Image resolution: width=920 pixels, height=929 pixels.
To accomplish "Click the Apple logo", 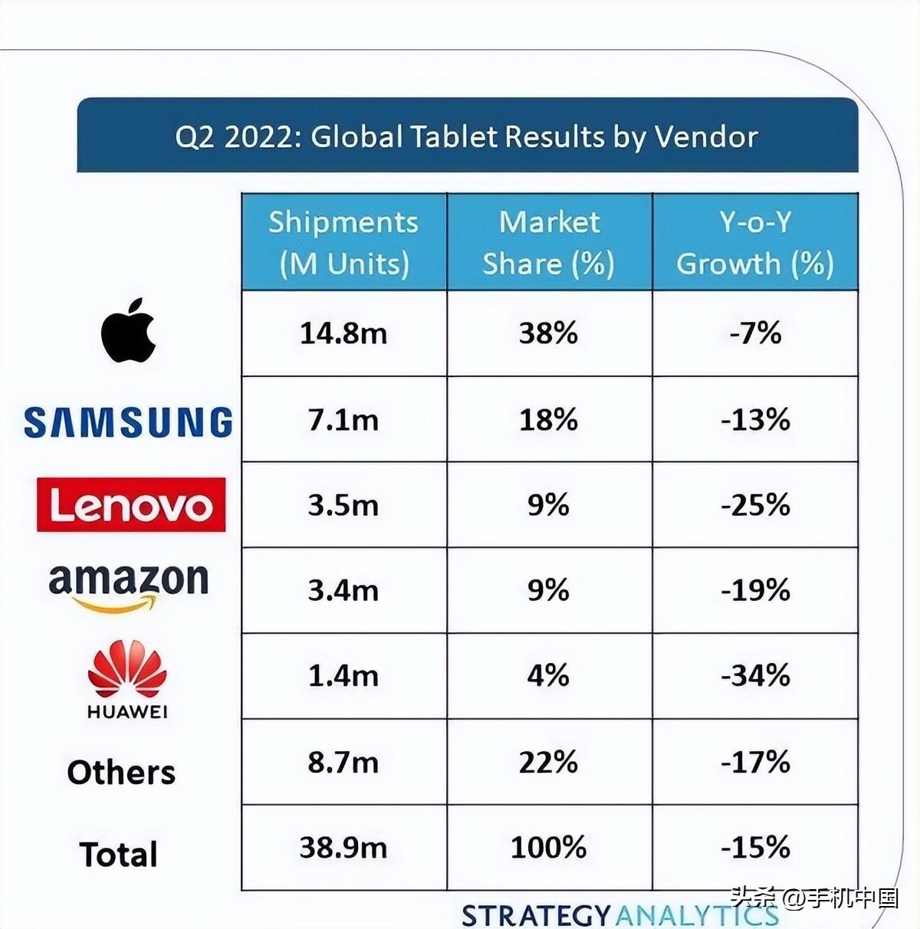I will tap(129, 330).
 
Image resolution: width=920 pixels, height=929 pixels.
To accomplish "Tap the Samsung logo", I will tap(128, 422).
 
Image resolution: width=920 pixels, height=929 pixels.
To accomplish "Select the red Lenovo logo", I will tap(131, 504).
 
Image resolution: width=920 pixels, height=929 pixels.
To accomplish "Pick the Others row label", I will tap(121, 772).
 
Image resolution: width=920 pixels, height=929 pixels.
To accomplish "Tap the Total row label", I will tap(119, 854).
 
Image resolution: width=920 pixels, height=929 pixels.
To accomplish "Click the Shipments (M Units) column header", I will tap(343, 242).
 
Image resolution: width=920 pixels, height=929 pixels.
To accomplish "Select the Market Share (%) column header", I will tap(549, 242).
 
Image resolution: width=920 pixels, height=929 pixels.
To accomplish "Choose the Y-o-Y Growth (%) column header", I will tap(755, 242).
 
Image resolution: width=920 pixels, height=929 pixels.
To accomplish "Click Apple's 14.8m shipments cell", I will tap(343, 333).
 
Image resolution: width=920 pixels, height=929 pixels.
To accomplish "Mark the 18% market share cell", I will tap(549, 419).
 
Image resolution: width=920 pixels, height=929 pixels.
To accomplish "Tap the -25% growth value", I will tap(755, 504).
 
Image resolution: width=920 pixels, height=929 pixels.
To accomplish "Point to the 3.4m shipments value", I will tap(343, 590).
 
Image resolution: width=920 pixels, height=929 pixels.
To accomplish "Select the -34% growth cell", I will tap(755, 675).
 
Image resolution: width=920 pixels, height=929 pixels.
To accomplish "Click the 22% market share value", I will tap(549, 762).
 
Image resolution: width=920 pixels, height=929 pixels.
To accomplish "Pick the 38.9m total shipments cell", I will tap(343, 847).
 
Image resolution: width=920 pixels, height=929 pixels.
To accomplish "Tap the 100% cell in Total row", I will tap(549, 847).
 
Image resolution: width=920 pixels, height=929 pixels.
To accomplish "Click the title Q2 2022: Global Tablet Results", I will tap(466, 136).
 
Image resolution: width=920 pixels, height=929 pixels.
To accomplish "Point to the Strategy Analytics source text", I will tap(619, 914).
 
